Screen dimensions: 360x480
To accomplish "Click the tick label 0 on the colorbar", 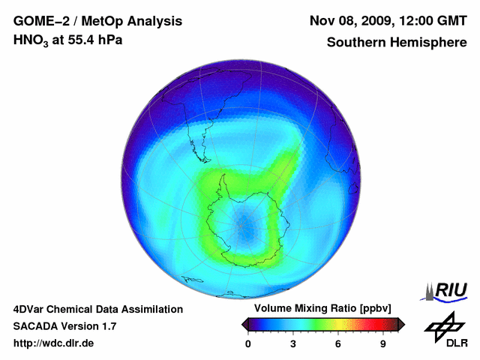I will pos(248,344).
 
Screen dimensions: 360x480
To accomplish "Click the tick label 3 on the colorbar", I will pos(293,344).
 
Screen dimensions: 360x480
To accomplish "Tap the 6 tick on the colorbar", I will pos(338,344).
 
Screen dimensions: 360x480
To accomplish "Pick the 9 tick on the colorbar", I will pos(383,344).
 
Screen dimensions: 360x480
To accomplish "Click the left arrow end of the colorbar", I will pos(244,324).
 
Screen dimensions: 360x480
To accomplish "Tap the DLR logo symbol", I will pos(442,324).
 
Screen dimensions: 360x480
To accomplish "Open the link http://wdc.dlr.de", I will pos(54,343).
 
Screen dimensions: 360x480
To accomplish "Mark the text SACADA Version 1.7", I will pos(64,326).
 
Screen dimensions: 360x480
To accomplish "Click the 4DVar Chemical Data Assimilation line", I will pos(98,309).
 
